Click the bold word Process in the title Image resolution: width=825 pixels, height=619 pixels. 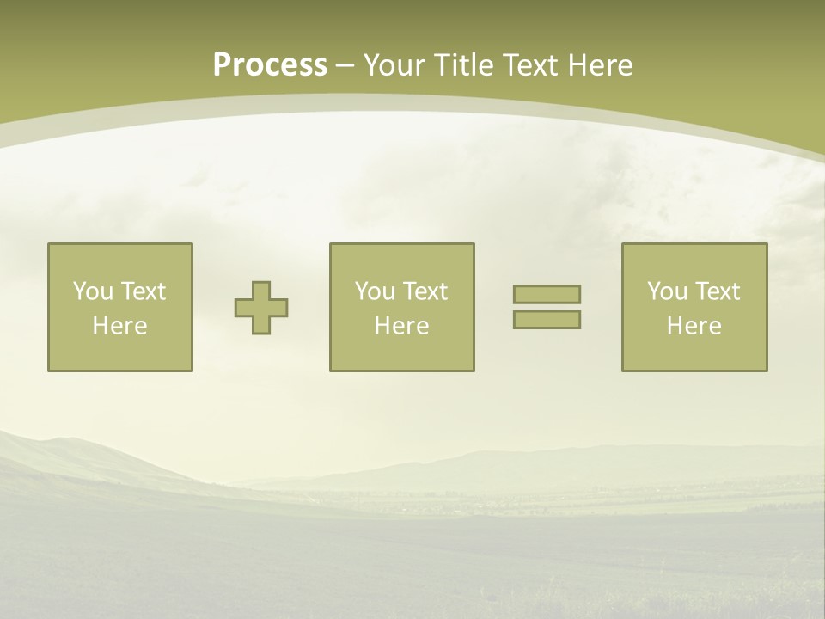[x=270, y=64]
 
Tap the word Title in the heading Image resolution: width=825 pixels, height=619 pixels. [x=464, y=64]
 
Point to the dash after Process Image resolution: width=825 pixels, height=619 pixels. [x=345, y=66]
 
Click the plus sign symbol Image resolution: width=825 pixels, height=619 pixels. [x=261, y=308]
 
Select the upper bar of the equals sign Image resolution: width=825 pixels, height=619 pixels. [x=547, y=294]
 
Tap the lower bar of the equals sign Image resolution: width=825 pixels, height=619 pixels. [x=547, y=319]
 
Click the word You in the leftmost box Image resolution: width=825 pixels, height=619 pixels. [x=92, y=291]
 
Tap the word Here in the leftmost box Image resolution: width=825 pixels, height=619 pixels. [x=120, y=326]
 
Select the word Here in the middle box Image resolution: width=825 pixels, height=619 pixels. [x=402, y=326]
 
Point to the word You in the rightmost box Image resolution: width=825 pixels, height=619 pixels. [x=667, y=291]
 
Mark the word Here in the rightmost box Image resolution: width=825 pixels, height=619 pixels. [x=694, y=326]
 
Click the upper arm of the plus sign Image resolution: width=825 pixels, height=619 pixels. [x=261, y=290]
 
